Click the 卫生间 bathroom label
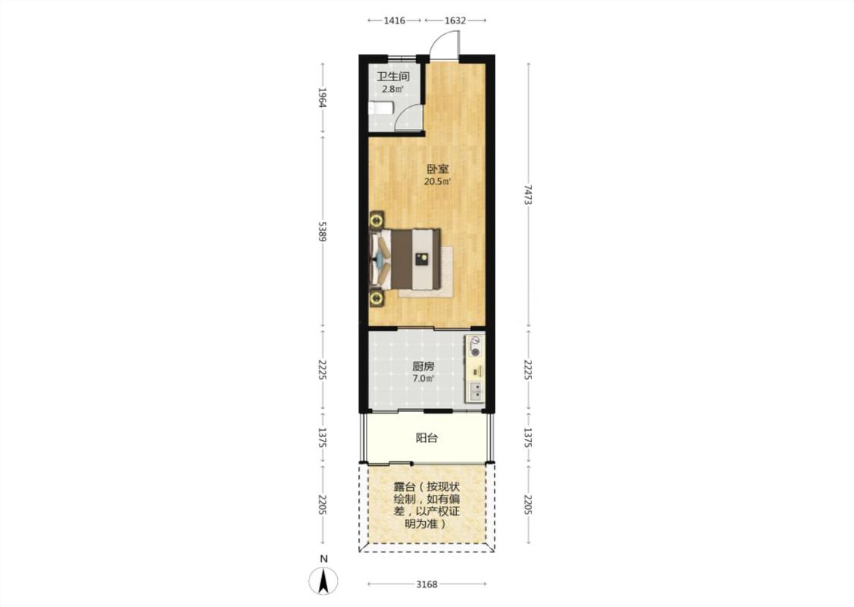[393, 77]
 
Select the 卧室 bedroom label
[437, 169]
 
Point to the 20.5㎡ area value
[437, 182]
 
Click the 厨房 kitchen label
[423, 366]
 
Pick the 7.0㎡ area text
[423, 379]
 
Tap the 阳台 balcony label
[427, 439]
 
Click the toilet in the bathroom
[380, 108]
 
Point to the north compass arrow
[323, 581]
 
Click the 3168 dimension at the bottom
[427, 585]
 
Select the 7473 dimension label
[528, 194]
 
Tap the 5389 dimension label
[323, 231]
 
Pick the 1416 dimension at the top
[394, 20]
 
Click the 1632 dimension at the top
[455, 20]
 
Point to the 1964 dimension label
[323, 97]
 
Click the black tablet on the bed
[421, 259]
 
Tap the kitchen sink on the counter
[475, 392]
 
